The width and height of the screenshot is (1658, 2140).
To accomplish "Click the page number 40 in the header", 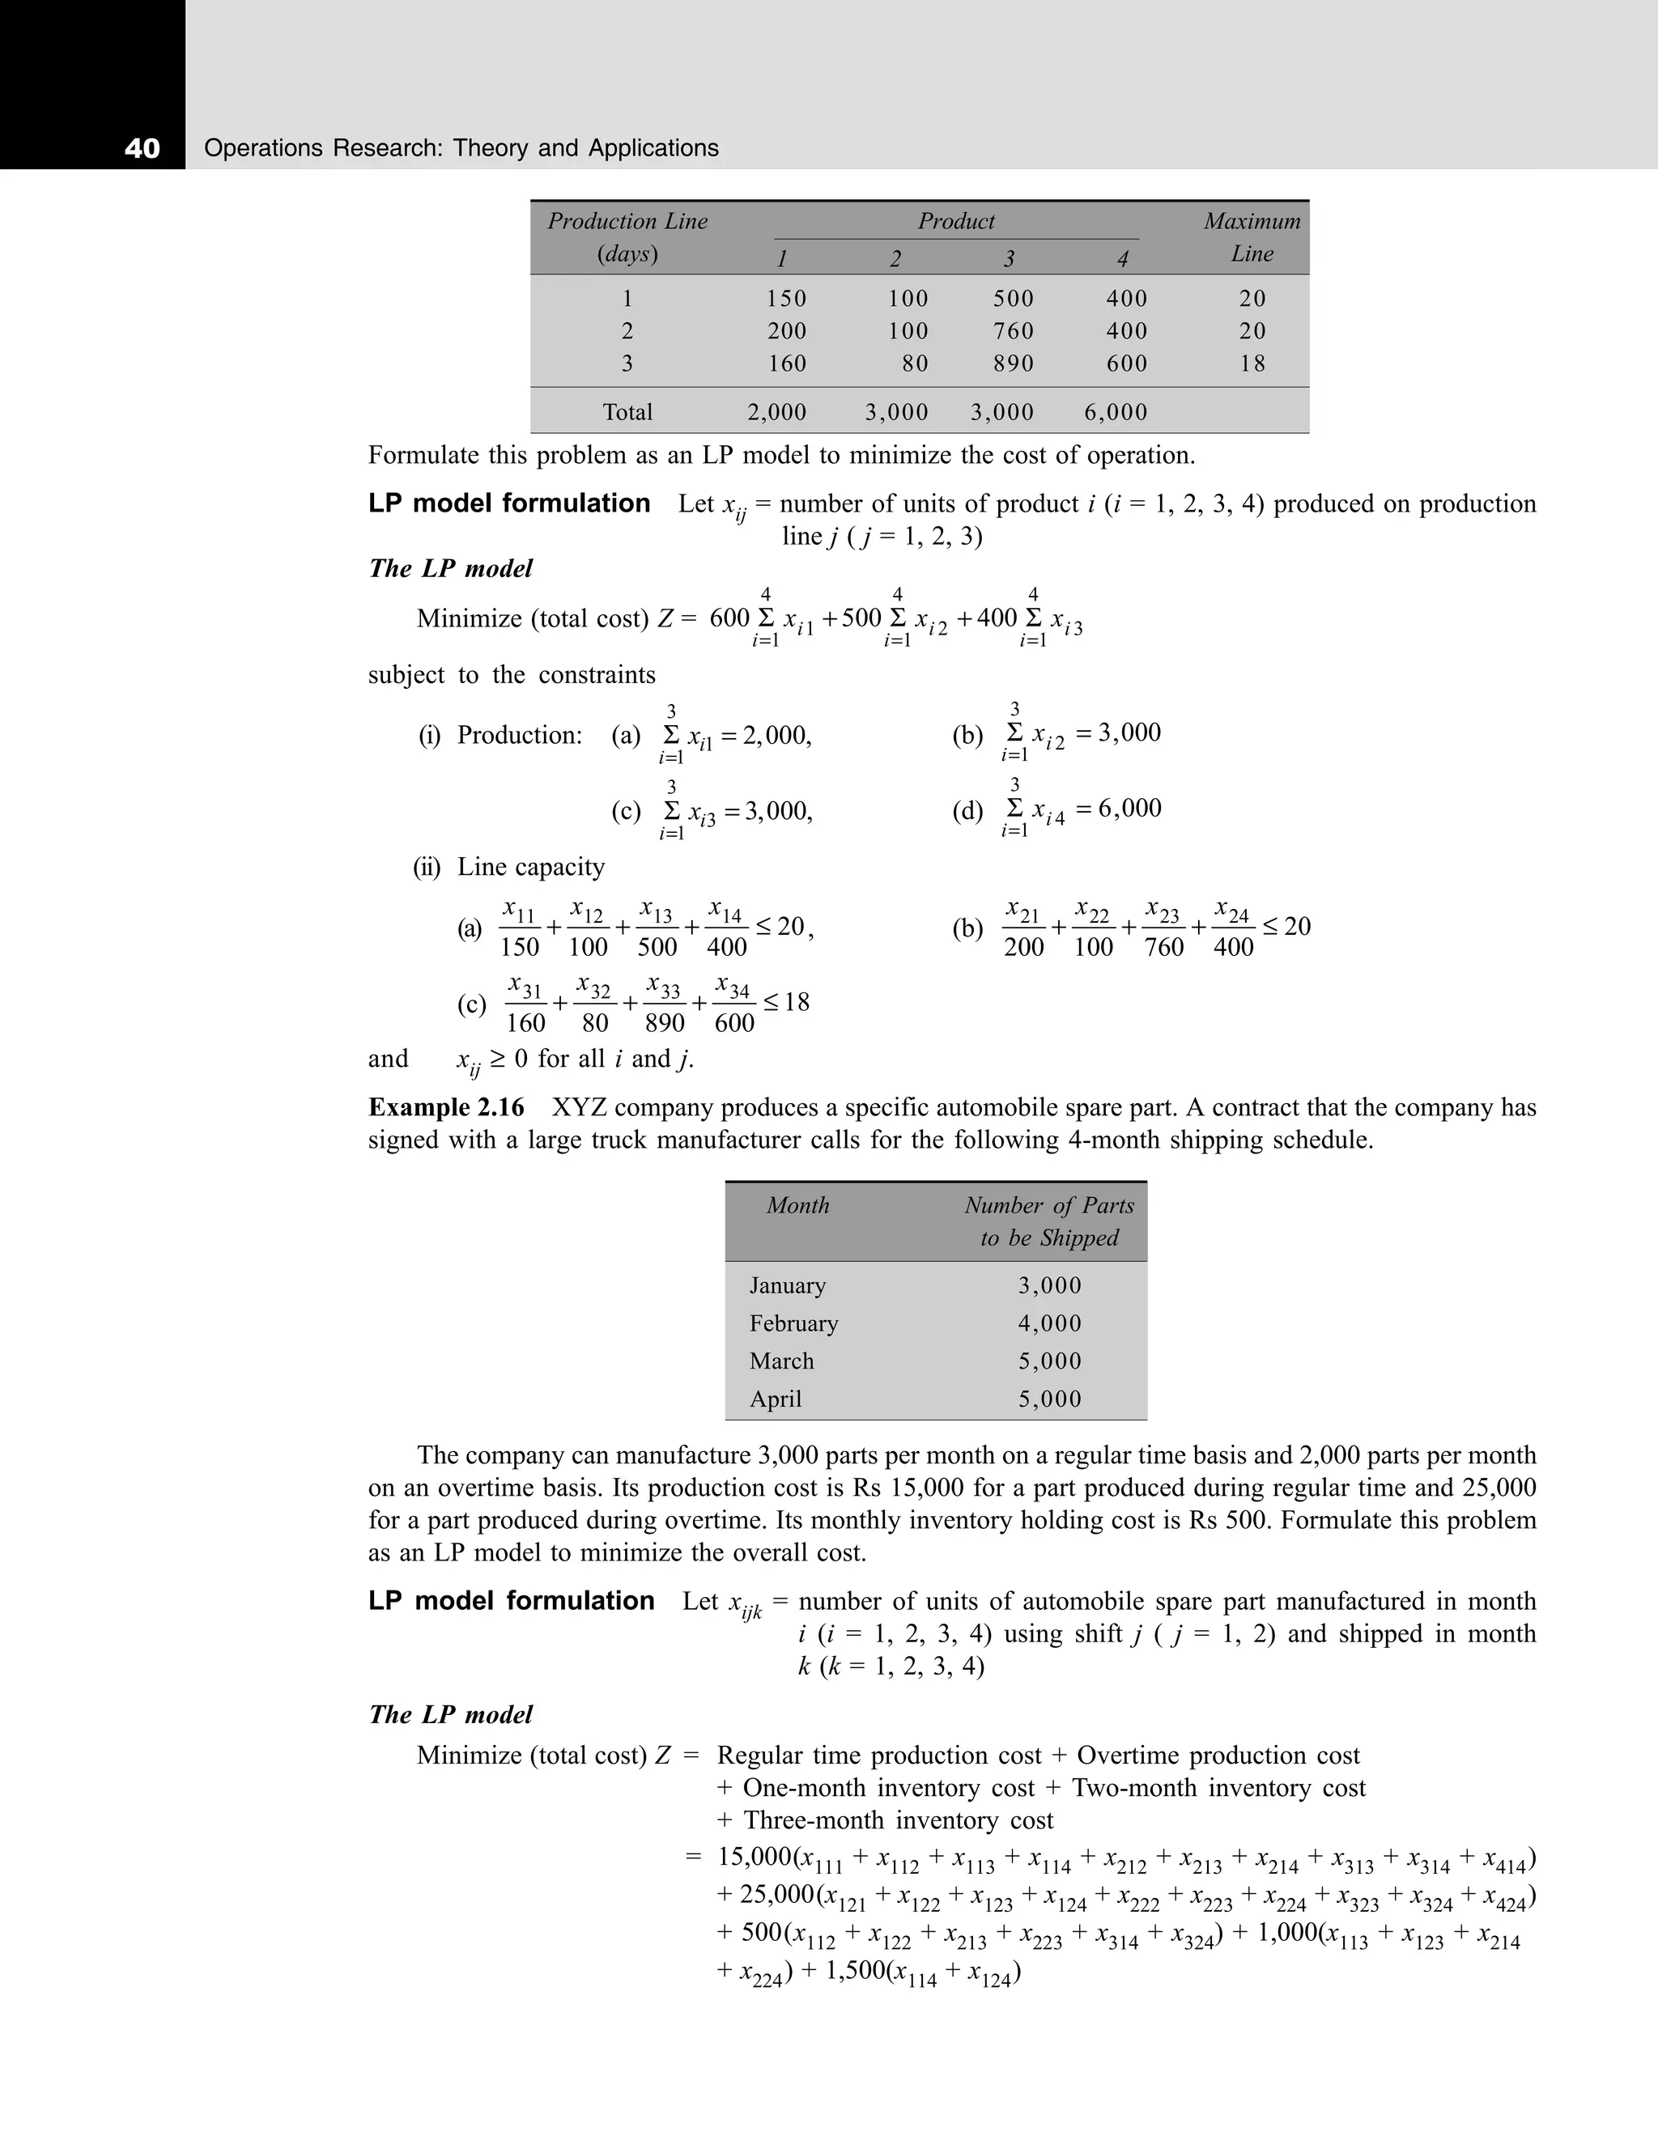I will pos(142,148).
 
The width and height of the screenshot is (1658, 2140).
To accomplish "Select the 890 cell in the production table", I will pos(1014,363).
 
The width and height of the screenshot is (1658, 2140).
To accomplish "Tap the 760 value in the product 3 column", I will pos(1014,331).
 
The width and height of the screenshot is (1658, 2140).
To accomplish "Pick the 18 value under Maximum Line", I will pos(1252,363).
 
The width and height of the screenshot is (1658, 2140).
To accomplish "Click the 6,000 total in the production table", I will pos(1115,413).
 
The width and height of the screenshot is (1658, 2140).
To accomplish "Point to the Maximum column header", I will pos(1252,222).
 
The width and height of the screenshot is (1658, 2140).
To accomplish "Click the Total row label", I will pos(627,413).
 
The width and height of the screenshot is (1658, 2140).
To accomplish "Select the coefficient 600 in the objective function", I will pos(729,618).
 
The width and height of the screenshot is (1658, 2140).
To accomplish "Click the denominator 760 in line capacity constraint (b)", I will pos(1164,948).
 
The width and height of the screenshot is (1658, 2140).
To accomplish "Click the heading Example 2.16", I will pos(447,1107).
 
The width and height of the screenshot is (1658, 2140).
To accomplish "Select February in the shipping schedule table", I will pos(793,1324).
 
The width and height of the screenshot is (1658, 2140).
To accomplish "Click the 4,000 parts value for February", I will pos(1049,1324).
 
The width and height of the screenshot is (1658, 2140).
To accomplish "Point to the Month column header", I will pos(797,1205).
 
